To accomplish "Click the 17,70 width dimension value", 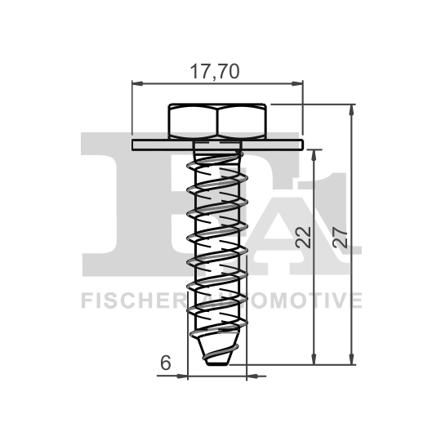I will (x=215, y=71).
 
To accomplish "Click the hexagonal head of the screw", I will (x=217, y=121).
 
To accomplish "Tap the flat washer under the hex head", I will (x=216, y=145).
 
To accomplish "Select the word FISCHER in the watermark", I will (x=130, y=301).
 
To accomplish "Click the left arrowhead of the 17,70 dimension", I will (x=136, y=82).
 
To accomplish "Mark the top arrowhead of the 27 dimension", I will (x=353, y=108).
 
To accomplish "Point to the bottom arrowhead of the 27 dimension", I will (x=353, y=360).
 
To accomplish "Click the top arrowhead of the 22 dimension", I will (x=314, y=153).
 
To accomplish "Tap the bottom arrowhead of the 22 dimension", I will (x=314, y=360).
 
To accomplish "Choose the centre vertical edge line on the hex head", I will (x=217, y=121).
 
